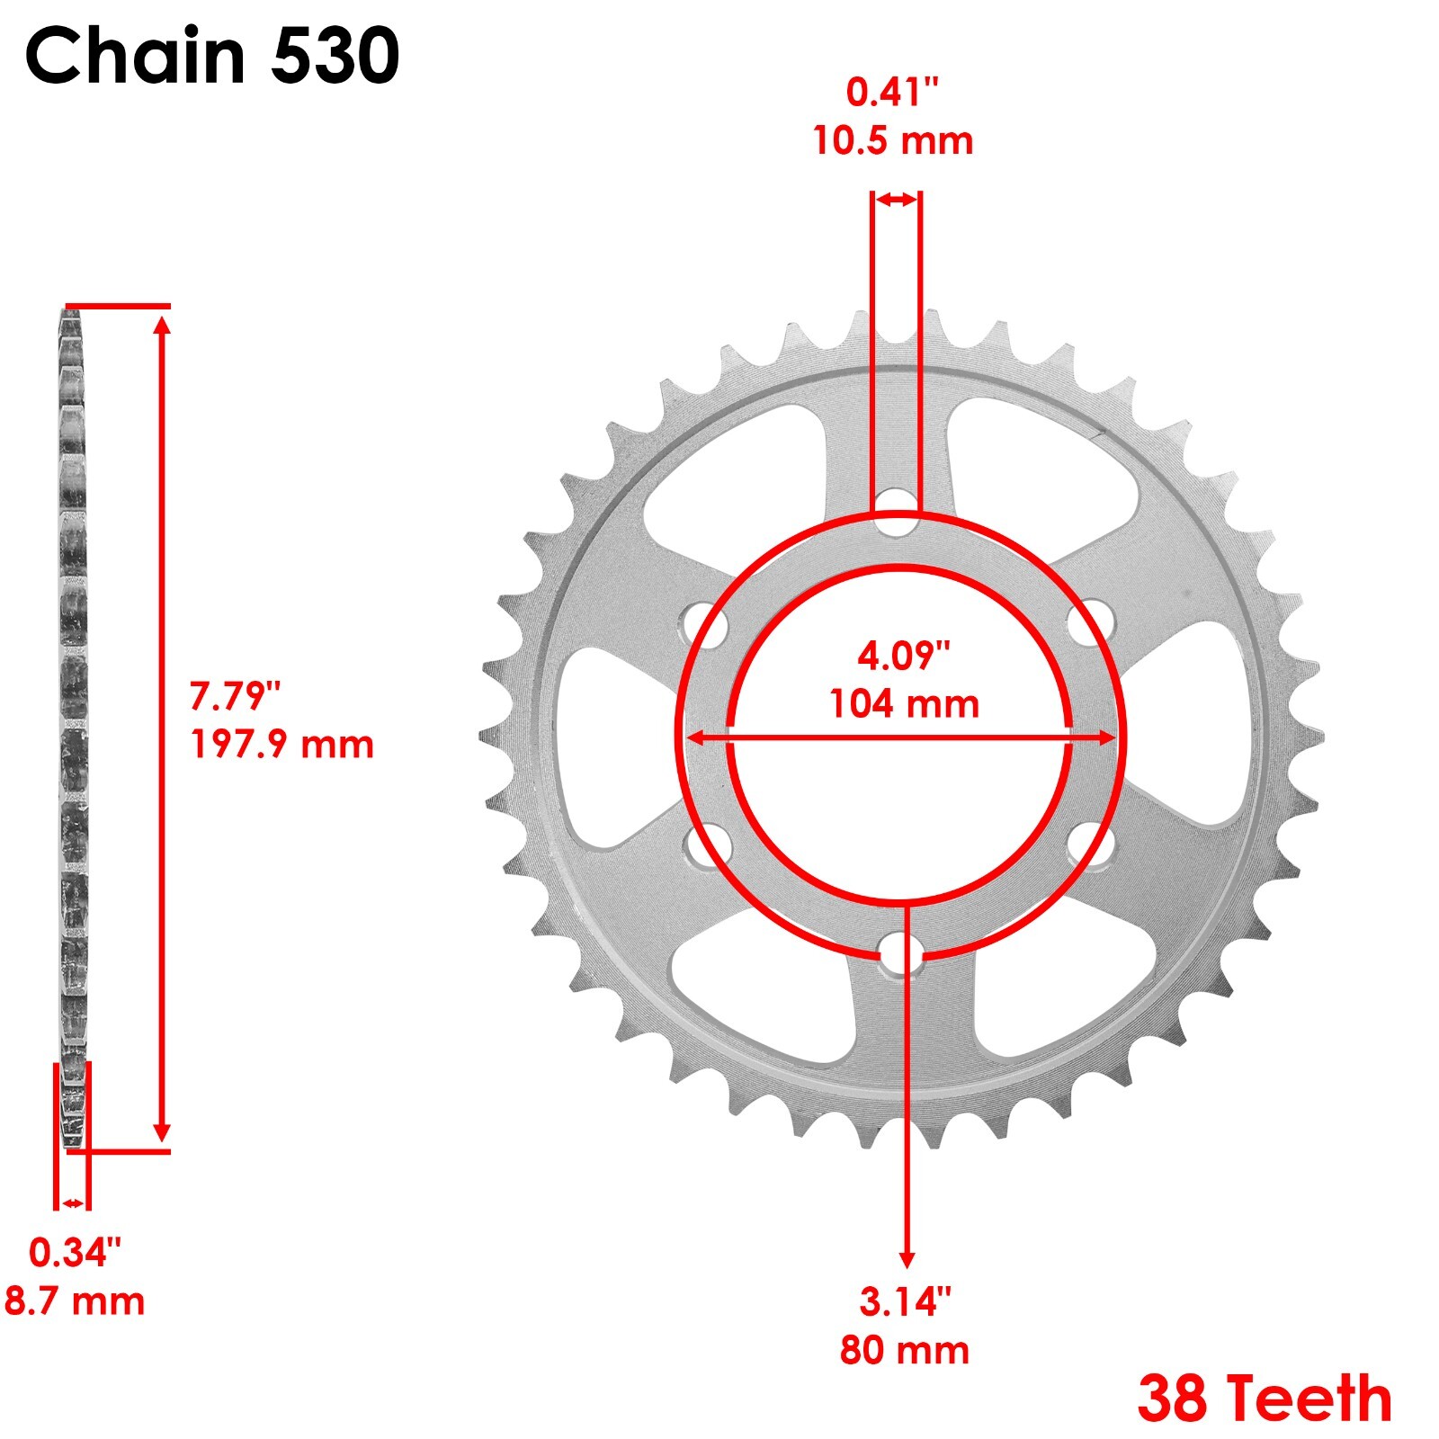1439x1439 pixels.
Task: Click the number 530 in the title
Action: [x=335, y=56]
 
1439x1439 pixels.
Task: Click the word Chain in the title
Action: [x=135, y=56]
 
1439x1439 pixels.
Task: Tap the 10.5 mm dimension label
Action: [x=893, y=141]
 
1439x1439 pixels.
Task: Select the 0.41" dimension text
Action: [x=892, y=92]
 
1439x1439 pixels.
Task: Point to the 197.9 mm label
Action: [x=282, y=745]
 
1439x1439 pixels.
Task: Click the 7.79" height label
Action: [x=236, y=696]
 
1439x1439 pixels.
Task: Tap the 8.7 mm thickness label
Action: [x=75, y=1301]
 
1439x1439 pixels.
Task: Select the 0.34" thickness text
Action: [x=76, y=1252]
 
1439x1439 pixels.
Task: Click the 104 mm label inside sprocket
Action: [x=904, y=703]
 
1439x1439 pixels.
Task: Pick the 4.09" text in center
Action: [x=904, y=656]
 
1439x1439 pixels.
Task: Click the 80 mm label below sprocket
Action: [x=905, y=1350]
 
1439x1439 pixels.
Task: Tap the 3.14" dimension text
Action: [x=905, y=1301]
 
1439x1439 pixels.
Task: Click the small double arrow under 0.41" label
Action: [x=896, y=200]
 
